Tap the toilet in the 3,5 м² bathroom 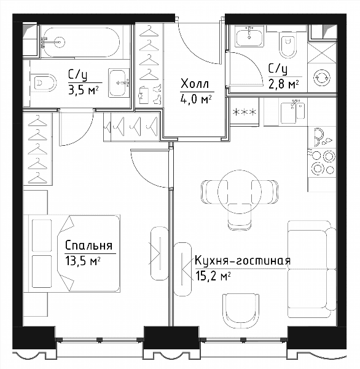[x=45, y=83]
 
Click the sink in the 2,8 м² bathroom [x=249, y=36]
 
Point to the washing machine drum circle [x=321, y=77]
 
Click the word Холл [x=195, y=84]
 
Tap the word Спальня [x=89, y=245]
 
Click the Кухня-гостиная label [x=243, y=261]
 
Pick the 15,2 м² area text [x=211, y=276]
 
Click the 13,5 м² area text [x=83, y=261]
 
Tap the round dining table [x=240, y=192]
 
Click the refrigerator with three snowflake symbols [x=245, y=111]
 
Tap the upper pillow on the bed [x=42, y=236]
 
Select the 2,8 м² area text [x=284, y=84]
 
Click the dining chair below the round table [x=240, y=217]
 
